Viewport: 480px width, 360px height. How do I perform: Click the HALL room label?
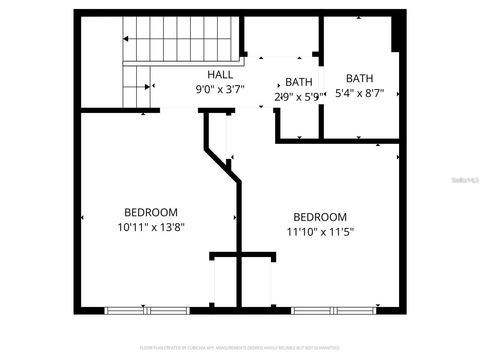point(220,74)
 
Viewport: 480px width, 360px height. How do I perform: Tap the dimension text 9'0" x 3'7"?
point(220,89)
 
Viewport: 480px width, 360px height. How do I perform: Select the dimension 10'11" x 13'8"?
point(151,227)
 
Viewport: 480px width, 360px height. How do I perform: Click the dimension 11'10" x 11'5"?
point(320,232)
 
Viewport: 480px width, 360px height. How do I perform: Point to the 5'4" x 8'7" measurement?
point(359,93)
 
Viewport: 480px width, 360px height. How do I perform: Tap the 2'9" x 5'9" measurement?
point(299,97)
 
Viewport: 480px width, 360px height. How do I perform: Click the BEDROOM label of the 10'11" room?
point(151,212)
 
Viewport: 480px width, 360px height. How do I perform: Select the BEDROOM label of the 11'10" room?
point(320,217)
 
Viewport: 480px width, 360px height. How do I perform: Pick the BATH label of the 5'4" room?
point(359,78)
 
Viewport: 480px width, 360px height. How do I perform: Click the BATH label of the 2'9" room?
point(299,82)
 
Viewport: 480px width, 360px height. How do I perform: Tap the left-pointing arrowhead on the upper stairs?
point(126,39)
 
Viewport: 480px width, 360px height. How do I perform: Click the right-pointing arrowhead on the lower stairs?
point(147,87)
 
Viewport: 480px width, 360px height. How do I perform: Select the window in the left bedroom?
point(147,310)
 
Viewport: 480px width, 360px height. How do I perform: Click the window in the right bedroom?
point(334,310)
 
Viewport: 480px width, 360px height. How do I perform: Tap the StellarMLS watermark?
point(465,180)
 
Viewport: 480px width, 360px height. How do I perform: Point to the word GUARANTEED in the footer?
point(328,348)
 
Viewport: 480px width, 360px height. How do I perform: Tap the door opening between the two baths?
point(321,85)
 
